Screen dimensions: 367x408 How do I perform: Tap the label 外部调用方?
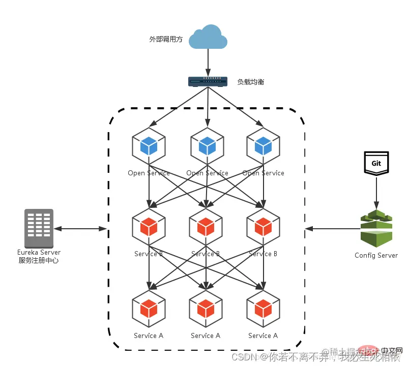[166, 39]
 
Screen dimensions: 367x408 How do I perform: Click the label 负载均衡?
[251, 82]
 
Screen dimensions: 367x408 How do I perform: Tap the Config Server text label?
[376, 255]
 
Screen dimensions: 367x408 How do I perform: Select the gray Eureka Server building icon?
[39, 228]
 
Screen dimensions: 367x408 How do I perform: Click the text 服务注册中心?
[39, 260]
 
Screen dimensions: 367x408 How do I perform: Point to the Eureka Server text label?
[39, 252]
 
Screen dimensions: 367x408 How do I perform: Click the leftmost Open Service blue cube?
[149, 145]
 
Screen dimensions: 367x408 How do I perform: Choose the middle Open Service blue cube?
[207, 145]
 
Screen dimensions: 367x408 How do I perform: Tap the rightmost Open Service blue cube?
[263, 145]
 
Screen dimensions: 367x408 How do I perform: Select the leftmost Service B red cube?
[149, 226]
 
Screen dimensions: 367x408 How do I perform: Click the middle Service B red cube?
[206, 226]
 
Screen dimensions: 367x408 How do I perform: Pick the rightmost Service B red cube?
[263, 226]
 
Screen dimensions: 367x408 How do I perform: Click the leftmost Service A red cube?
[149, 308]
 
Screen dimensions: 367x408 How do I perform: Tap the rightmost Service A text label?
[263, 335]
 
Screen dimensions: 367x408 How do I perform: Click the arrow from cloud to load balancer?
[208, 64]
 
